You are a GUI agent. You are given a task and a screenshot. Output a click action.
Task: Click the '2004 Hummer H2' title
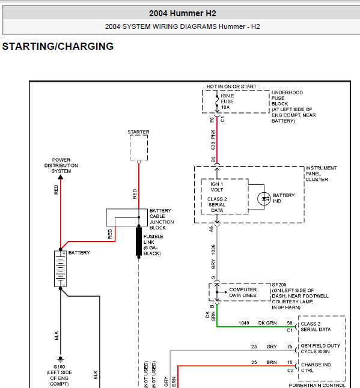pyautogui.click(x=183, y=13)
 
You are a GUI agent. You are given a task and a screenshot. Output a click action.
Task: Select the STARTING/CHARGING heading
pyautogui.click(x=58, y=46)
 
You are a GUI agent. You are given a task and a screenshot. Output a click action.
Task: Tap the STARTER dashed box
pyautogui.click(x=139, y=148)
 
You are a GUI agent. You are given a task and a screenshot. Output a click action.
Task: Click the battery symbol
pyautogui.click(x=60, y=268)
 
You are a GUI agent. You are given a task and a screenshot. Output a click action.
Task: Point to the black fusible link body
pyautogui.click(x=139, y=242)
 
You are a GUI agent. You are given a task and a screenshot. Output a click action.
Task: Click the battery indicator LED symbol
pyautogui.click(x=264, y=199)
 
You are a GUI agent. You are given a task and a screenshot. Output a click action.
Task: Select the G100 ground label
pyautogui.click(x=59, y=367)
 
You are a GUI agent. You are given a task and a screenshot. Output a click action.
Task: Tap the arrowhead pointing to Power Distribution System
pyautogui.click(x=61, y=177)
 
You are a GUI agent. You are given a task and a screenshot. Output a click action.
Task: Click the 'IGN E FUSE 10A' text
pyautogui.click(x=227, y=102)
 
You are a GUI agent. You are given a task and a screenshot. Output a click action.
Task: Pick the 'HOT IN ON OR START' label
pyautogui.click(x=231, y=86)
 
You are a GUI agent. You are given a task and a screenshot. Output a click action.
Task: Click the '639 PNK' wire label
pyautogui.click(x=213, y=139)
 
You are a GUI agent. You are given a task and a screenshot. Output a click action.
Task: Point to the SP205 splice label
pyautogui.click(x=279, y=285)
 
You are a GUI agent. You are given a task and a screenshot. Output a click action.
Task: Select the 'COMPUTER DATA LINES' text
pyautogui.click(x=243, y=293)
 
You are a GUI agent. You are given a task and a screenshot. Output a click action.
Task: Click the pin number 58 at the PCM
pyautogui.click(x=290, y=323)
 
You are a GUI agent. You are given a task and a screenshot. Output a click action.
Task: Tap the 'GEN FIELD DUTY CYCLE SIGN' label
pyautogui.click(x=320, y=348)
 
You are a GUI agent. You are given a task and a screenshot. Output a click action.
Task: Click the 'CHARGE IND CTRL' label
pyautogui.click(x=316, y=368)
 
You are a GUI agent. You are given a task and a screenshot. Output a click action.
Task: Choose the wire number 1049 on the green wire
pyautogui.click(x=243, y=323)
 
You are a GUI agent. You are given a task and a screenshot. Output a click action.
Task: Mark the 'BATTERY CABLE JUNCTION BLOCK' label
pyautogui.click(x=162, y=219)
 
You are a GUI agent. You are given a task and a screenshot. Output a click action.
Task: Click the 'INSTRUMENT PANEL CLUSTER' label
pyautogui.click(x=321, y=174)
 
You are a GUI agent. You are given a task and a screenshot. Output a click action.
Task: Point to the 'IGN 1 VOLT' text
pyautogui.click(x=216, y=187)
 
